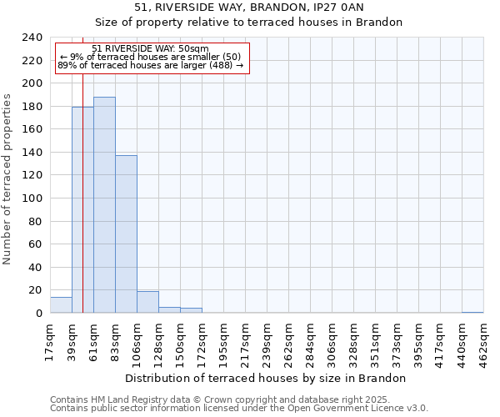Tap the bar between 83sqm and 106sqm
[126, 234]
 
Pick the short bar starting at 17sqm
[61, 305]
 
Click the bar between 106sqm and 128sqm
[147, 302]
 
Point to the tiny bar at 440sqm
[472, 312]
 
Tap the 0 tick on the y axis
[39, 314]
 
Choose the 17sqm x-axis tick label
[50, 339]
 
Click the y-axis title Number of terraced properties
[7, 178]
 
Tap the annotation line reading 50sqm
[151, 49]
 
